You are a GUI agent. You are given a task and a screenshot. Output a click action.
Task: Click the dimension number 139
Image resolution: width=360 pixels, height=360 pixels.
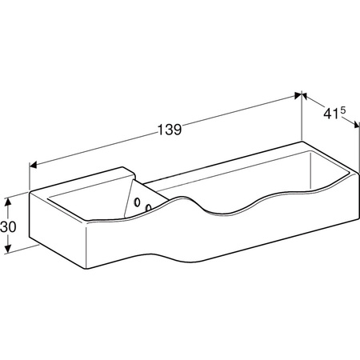(170, 130)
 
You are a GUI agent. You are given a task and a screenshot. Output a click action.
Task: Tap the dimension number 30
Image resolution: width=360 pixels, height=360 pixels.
(8, 227)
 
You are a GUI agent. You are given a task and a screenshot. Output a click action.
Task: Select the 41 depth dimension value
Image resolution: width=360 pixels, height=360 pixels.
(331, 114)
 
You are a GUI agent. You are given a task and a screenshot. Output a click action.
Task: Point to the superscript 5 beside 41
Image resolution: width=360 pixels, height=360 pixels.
(342, 110)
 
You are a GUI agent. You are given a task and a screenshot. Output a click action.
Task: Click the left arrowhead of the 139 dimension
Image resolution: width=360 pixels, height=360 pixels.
(33, 165)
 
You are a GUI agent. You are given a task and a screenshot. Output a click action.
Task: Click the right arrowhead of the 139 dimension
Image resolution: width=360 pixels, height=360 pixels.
(298, 96)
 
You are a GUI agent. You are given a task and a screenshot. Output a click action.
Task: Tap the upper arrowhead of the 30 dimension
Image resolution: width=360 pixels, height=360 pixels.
(8, 202)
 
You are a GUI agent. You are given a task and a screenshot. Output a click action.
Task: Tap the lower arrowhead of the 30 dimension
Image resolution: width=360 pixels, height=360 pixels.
(8, 249)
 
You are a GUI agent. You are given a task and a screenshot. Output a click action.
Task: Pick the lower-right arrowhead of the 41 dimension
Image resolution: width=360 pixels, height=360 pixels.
(356, 125)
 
